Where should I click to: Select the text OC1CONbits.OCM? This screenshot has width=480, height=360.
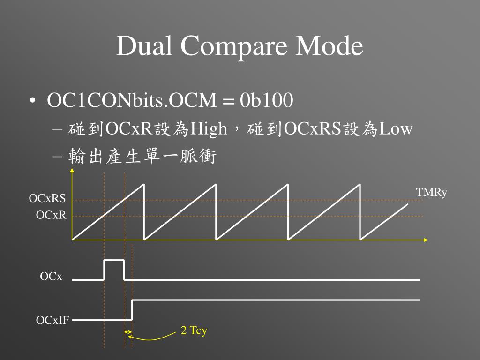click(132, 100)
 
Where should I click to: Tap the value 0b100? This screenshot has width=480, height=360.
click(267, 100)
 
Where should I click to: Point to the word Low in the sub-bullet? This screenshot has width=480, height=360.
click(396, 128)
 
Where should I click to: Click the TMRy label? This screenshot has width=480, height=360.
click(431, 193)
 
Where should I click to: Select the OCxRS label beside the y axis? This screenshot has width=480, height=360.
click(47, 199)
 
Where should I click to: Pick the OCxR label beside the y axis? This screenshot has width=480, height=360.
click(51, 215)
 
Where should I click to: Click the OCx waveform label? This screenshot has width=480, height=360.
click(51, 277)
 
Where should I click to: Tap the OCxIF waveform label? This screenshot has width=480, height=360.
click(53, 321)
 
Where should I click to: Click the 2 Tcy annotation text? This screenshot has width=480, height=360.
click(194, 330)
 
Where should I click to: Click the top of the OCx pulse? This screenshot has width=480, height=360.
click(114, 259)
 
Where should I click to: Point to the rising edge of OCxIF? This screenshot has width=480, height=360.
click(132, 310)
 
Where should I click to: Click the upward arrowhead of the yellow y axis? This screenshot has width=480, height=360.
click(72, 171)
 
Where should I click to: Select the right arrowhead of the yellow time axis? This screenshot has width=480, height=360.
click(426, 240)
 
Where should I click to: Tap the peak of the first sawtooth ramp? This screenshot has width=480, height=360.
click(144, 184)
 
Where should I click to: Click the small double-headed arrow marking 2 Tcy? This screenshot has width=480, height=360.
click(128, 332)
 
